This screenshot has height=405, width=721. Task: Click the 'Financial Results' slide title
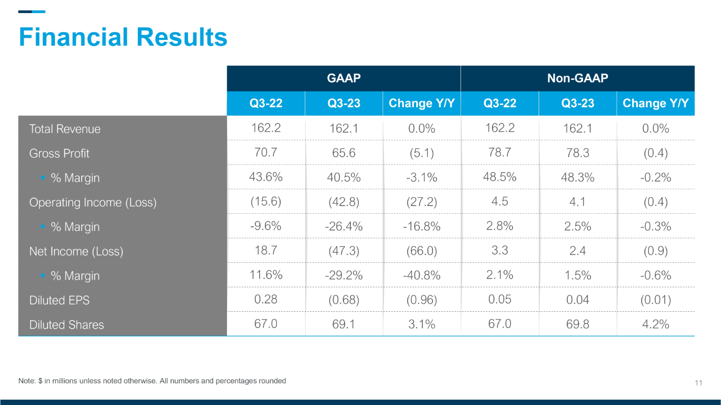(x=123, y=37)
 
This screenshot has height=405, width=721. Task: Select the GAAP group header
(x=344, y=78)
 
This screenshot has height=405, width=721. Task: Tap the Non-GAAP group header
(x=578, y=78)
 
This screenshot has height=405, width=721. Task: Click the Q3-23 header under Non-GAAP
(x=578, y=103)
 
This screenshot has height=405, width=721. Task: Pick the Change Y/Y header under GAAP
(x=422, y=103)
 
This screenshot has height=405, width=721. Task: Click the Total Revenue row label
(x=65, y=129)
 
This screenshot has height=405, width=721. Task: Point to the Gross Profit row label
(x=59, y=153)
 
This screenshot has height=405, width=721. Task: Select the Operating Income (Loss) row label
(x=93, y=202)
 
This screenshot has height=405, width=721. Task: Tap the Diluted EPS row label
(x=59, y=300)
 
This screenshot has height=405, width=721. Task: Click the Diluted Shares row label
(x=67, y=325)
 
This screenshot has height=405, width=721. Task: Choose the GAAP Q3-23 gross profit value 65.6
(x=344, y=153)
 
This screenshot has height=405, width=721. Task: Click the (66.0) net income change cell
(x=422, y=251)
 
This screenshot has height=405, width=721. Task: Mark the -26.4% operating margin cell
(x=344, y=226)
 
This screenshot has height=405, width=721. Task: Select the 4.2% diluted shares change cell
(x=656, y=324)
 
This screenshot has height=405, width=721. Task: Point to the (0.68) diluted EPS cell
(x=344, y=300)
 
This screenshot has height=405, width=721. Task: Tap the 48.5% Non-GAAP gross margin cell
(x=499, y=177)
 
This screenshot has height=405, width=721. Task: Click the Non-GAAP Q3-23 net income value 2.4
(x=578, y=251)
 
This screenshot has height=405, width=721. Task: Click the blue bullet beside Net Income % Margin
(x=42, y=275)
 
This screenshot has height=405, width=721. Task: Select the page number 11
(x=698, y=383)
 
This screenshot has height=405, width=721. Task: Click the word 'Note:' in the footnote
(x=27, y=381)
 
